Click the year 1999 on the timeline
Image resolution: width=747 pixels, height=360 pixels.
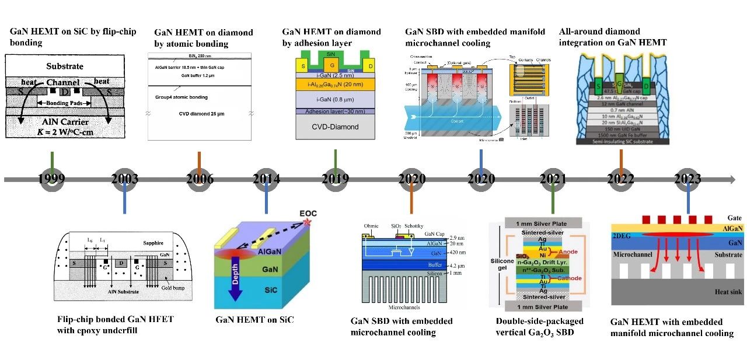pyautogui.click(x=52, y=179)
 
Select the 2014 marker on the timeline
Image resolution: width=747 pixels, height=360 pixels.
pyautogui.click(x=267, y=179)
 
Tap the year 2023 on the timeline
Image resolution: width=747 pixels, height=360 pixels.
pyautogui.click(x=687, y=179)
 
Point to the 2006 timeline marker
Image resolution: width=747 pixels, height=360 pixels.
pyautogui.click(x=200, y=179)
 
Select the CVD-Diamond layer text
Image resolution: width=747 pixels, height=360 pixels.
pyautogui.click(x=335, y=126)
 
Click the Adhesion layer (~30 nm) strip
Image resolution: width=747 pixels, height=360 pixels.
pyautogui.click(x=335, y=111)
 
